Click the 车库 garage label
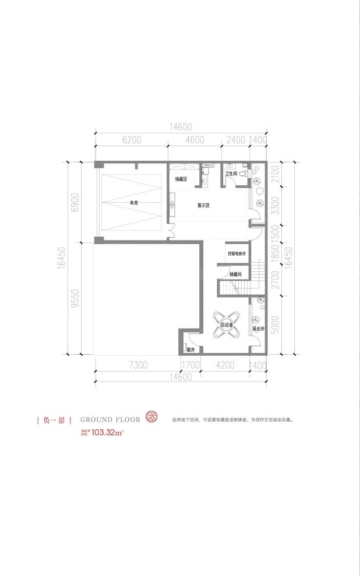(x=133, y=203)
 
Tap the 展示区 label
(x=203, y=206)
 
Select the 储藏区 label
(x=181, y=179)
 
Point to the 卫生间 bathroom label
(x=232, y=174)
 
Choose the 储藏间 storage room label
(x=235, y=274)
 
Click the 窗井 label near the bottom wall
(x=190, y=349)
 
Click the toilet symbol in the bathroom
(x=245, y=173)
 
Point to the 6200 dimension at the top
(x=132, y=140)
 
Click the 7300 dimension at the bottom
(x=137, y=366)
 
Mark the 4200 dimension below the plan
(x=225, y=366)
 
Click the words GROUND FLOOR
(x=110, y=419)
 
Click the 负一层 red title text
(x=53, y=419)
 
